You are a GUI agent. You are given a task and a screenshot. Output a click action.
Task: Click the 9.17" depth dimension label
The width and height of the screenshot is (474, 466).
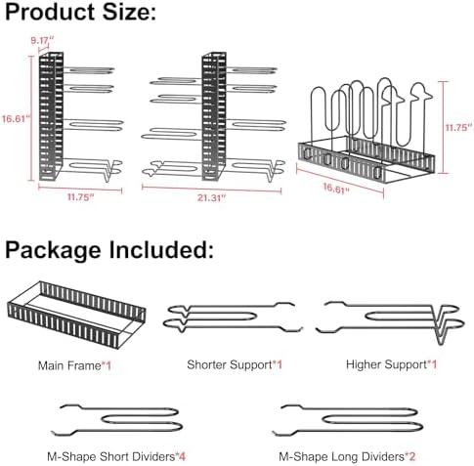[x=42, y=40]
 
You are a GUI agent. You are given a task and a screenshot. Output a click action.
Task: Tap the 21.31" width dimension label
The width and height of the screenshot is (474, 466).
[x=211, y=197]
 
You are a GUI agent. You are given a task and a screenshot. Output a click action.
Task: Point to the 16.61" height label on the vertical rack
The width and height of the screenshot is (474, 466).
[x=16, y=118]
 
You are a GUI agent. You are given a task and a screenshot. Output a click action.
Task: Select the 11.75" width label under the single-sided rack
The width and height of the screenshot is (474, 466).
[x=80, y=197]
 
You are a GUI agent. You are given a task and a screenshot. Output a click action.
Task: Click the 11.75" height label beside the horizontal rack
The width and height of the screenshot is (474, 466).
[x=458, y=127]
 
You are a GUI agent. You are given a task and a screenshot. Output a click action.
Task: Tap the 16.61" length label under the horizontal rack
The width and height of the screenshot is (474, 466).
[x=336, y=189]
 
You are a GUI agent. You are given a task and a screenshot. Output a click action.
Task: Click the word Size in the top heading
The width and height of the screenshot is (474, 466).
[x=129, y=13]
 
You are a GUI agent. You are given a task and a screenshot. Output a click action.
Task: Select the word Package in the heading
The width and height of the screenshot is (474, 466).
[x=53, y=250]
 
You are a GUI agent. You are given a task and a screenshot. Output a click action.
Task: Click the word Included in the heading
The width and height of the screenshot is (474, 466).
[x=161, y=249]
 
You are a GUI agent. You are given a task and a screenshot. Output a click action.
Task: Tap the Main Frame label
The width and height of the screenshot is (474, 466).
[x=69, y=365]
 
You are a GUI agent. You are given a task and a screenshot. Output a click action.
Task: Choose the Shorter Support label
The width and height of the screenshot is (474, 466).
[x=230, y=364]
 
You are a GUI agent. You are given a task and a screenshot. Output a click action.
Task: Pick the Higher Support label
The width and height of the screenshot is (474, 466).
[x=386, y=364]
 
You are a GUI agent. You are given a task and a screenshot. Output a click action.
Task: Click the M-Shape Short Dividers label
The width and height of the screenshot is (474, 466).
[x=111, y=456]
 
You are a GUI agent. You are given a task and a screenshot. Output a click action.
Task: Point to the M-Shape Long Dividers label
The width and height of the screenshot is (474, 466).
[x=341, y=456]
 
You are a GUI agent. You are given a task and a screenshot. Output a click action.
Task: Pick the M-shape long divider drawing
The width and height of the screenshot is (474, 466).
[x=349, y=408]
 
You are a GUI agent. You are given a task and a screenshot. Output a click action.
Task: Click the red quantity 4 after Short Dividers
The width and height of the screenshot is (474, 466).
[x=182, y=456]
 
